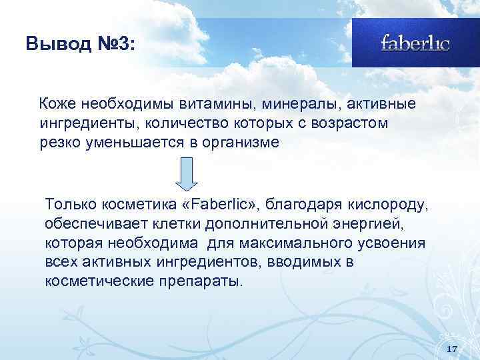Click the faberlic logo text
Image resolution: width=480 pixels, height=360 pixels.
[415, 43]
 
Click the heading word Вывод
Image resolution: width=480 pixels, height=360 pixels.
[54, 44]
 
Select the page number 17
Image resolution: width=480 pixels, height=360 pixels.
[451, 349]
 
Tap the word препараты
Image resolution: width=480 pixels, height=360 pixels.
[202, 281]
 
